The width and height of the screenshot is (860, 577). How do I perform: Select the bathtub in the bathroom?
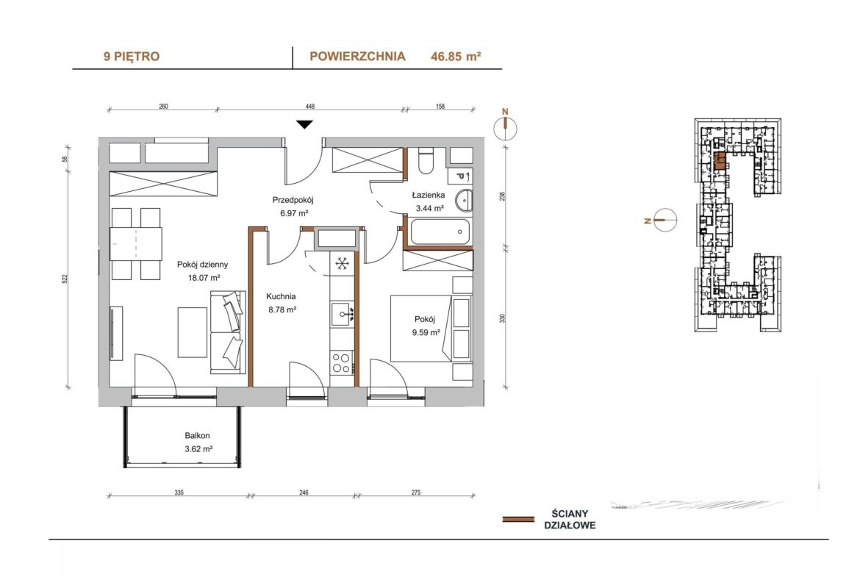(x=440, y=232)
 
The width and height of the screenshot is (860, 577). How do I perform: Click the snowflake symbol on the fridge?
(x=343, y=264)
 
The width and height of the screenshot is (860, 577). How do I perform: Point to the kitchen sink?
(x=343, y=315)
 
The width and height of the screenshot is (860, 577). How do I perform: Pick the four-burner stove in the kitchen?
(x=341, y=363)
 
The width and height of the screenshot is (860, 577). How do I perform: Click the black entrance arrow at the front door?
(x=304, y=124)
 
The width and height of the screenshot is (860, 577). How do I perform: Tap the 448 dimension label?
(x=310, y=107)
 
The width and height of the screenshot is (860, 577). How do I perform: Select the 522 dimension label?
(x=65, y=278)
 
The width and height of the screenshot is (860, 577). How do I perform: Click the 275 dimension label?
(x=416, y=492)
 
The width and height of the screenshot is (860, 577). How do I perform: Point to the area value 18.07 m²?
(x=204, y=278)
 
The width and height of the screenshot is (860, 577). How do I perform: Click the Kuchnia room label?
(x=281, y=297)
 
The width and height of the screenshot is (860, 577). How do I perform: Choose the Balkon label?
(x=197, y=435)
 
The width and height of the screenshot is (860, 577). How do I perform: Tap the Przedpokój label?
(x=293, y=200)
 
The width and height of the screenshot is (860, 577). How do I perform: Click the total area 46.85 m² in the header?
(x=456, y=56)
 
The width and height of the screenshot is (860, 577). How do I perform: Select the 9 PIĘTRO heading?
(x=132, y=56)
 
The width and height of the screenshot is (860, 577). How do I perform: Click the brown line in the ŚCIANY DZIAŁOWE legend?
(x=518, y=519)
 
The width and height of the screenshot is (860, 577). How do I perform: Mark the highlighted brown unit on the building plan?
(x=720, y=161)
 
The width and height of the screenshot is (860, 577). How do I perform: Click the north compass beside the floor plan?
(x=505, y=129)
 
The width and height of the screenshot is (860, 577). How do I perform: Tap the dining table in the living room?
(x=135, y=243)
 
